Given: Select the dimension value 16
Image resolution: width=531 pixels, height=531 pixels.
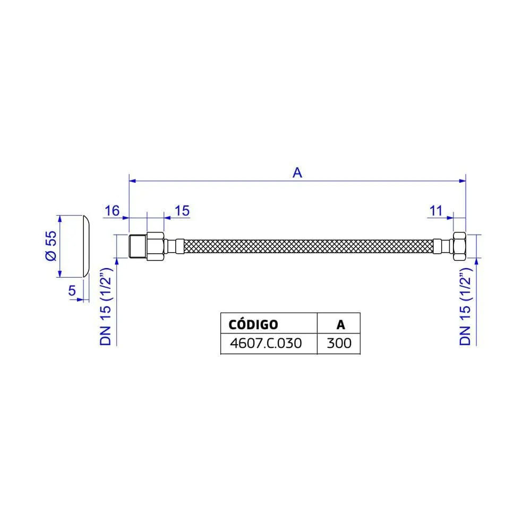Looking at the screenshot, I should click(x=112, y=210).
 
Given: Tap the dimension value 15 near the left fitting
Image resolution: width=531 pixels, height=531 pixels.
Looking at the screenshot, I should click(x=182, y=210).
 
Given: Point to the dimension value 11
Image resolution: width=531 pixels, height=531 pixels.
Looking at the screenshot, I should click(x=436, y=210).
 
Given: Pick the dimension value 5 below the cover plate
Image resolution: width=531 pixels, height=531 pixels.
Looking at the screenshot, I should click(x=72, y=290).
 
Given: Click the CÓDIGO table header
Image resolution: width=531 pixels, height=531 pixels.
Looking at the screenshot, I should click(x=252, y=324).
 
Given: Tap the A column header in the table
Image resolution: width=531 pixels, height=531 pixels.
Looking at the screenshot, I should click(x=339, y=324).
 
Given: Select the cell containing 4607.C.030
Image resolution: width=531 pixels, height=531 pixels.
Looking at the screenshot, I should click(x=265, y=343).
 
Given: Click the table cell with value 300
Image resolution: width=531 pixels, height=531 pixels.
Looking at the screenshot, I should click(x=339, y=343).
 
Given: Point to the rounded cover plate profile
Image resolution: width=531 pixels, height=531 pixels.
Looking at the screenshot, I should click(x=85, y=246).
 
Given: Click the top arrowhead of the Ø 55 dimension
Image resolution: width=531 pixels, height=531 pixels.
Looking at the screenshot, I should click(x=60, y=218).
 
